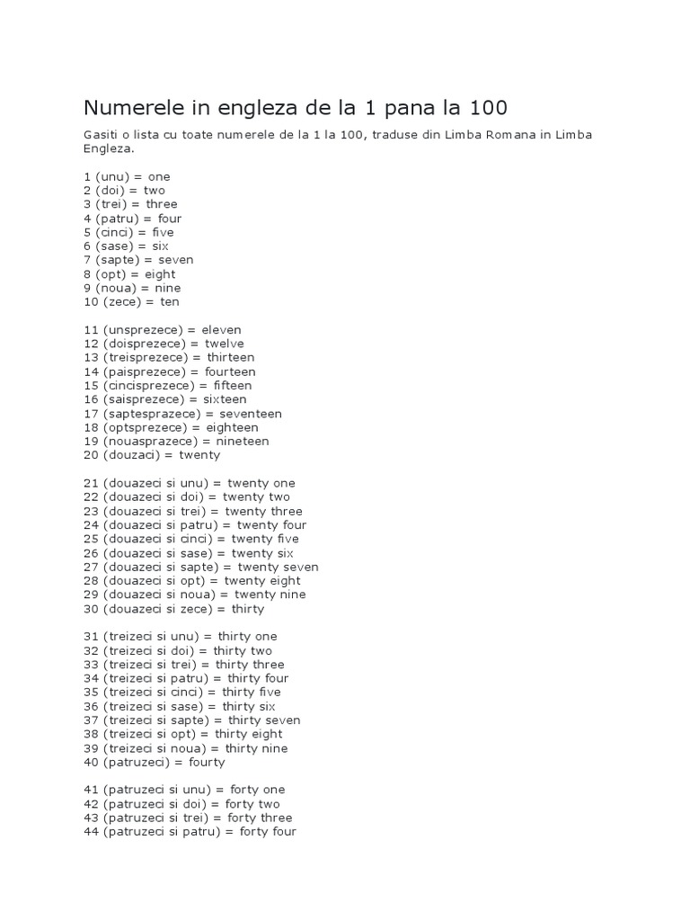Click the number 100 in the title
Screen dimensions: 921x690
coord(487,108)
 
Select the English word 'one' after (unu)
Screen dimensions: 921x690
coord(159,176)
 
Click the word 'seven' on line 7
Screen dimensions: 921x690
coord(175,260)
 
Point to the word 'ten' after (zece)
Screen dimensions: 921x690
coord(170,302)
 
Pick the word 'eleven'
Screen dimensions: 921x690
coord(221,330)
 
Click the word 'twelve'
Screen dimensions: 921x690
coord(224,344)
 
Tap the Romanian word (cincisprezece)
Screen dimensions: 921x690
coord(149,386)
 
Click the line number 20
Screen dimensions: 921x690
coord(91,455)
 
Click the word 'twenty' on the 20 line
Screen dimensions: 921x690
coord(199,455)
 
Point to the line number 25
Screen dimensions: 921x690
coord(91,539)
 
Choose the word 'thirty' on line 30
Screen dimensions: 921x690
coord(247,609)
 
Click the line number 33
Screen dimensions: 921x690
coord(91,665)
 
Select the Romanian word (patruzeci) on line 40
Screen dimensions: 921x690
coord(140,763)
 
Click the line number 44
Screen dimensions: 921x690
coord(91,832)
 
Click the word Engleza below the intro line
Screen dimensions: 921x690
coord(108,148)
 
